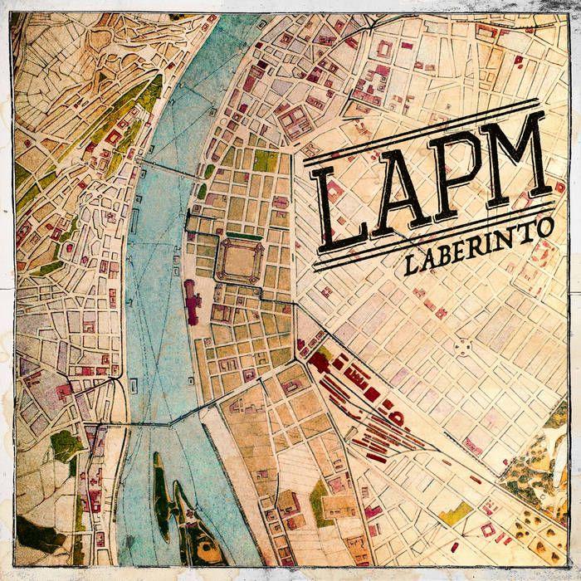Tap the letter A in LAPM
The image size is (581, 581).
[398, 196]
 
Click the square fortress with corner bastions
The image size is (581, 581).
[239, 259]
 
